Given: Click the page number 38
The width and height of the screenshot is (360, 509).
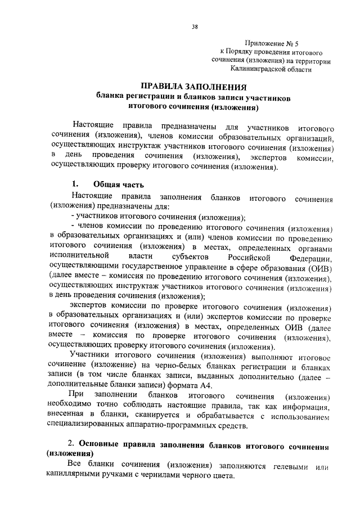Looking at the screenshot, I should click(x=195, y=26).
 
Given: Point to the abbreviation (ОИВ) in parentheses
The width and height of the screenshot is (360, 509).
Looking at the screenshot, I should click(x=316, y=268).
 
